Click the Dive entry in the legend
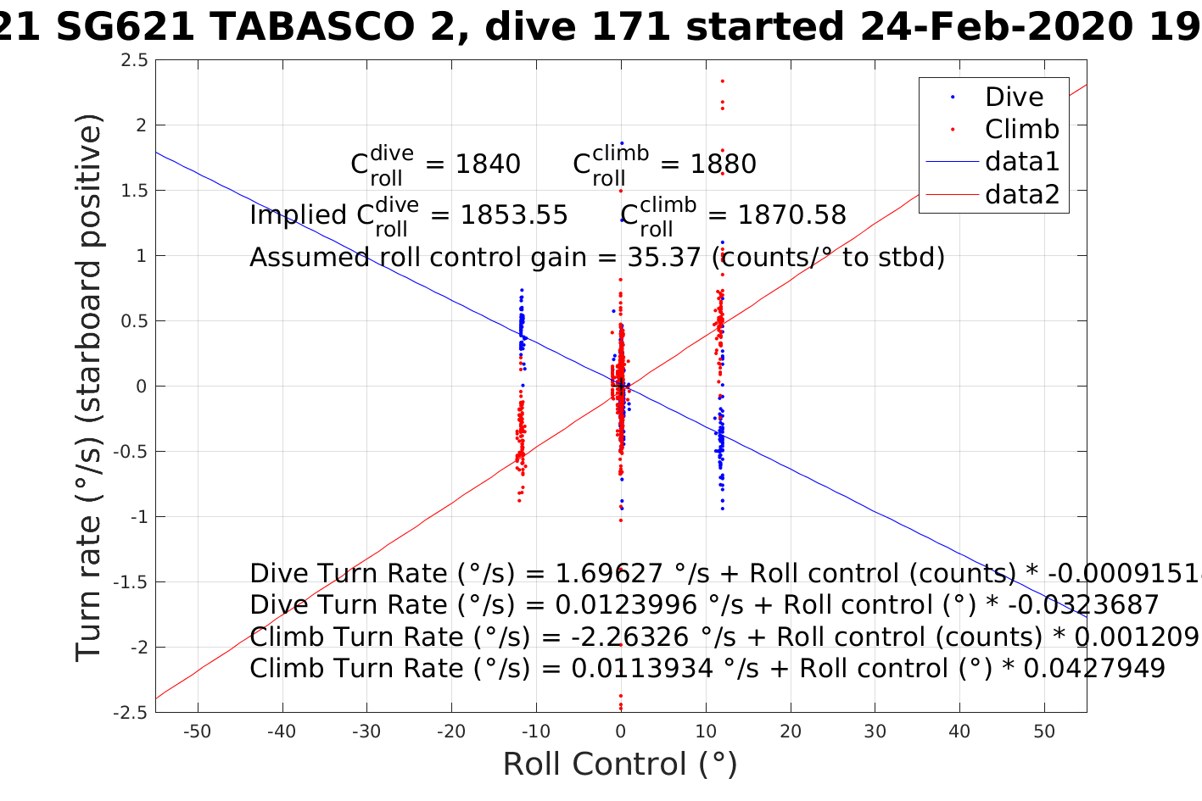(x=1014, y=97)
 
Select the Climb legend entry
(x=1021, y=129)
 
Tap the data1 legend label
(x=1022, y=161)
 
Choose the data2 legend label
(x=1022, y=194)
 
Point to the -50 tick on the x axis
(x=197, y=731)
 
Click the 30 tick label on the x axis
(x=875, y=731)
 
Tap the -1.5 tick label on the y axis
(x=131, y=582)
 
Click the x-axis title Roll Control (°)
(x=620, y=764)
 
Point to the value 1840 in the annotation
(x=488, y=164)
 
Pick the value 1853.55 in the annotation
(x=513, y=215)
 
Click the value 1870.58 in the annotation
(x=791, y=215)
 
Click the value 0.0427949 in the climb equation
(x=1094, y=669)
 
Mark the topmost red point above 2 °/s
(x=722, y=81)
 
